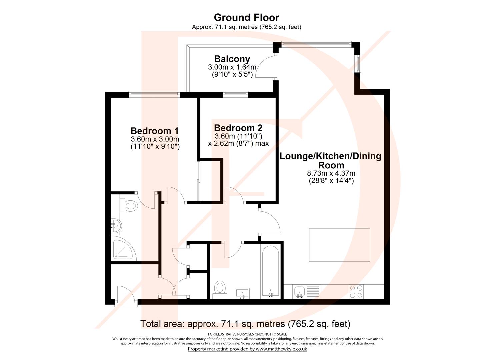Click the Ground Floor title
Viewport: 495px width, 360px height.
tap(246, 17)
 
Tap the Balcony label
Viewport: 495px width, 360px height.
tap(232, 59)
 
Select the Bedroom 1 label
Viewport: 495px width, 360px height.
tap(155, 131)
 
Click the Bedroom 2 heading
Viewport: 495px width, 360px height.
tap(238, 128)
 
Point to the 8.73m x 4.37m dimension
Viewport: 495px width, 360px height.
tap(331, 173)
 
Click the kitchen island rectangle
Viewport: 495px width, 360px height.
tap(339, 245)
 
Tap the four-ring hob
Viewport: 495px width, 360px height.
tap(356, 291)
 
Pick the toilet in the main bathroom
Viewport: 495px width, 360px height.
tap(220, 289)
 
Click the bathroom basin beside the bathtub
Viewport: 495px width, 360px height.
tap(242, 293)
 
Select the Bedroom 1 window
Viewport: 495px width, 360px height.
tap(155, 94)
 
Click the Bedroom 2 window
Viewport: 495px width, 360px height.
tap(236, 94)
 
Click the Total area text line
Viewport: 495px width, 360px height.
tap(245, 323)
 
